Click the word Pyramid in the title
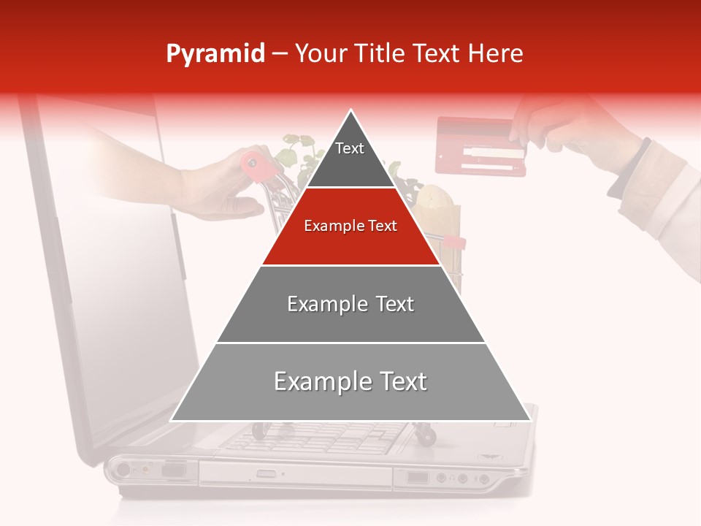(215, 54)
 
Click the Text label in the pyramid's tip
(350, 148)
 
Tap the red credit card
(480, 147)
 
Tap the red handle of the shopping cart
(256, 161)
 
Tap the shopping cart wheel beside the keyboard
(426, 435)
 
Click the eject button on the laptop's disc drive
(267, 474)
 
